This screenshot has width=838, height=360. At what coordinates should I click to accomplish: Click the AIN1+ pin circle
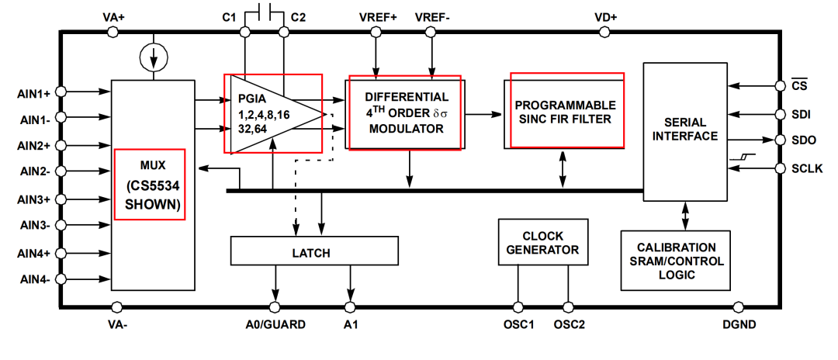61,92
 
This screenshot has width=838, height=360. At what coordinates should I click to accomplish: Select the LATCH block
314,251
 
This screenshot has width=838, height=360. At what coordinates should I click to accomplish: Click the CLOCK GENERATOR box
542,242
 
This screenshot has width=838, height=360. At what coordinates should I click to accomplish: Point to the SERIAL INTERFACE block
685,132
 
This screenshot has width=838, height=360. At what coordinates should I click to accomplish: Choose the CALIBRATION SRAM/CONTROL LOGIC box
676,260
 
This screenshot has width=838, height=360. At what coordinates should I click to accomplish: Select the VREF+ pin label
379,17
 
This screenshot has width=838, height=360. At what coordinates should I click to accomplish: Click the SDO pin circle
781,140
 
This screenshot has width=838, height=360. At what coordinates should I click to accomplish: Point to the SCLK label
807,169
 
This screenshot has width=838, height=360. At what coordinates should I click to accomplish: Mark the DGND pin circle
738,307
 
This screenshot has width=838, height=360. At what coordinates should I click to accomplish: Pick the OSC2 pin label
570,324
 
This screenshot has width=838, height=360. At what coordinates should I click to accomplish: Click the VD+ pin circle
604,32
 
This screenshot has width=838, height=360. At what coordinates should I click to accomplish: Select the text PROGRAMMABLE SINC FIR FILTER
566,112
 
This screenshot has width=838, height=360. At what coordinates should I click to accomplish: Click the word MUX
151,165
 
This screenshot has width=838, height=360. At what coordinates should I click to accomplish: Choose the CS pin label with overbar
799,85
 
